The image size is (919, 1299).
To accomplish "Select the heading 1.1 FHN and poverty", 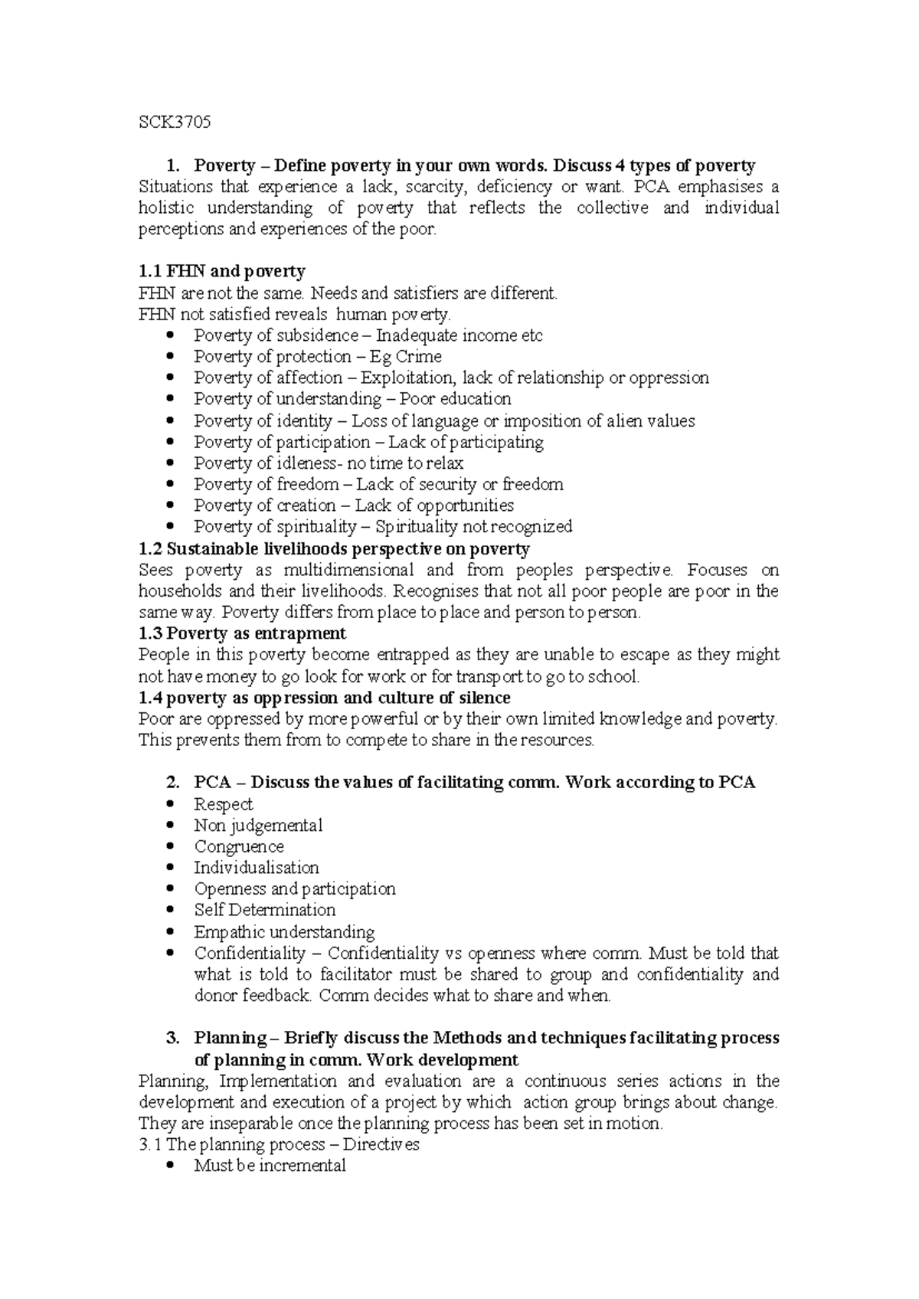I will click(x=221, y=271).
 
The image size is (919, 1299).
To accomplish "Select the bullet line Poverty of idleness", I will click(x=328, y=463).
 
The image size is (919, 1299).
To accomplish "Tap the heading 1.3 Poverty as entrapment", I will click(x=242, y=633).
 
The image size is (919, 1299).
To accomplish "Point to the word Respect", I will click(x=223, y=804).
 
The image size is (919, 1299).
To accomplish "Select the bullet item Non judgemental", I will click(x=258, y=826).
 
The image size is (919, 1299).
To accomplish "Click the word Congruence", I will click(x=239, y=847).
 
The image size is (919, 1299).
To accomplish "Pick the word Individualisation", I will click(x=257, y=868).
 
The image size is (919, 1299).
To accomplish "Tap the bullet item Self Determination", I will click(x=265, y=910).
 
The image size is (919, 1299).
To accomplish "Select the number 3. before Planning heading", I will click(x=172, y=1039).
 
